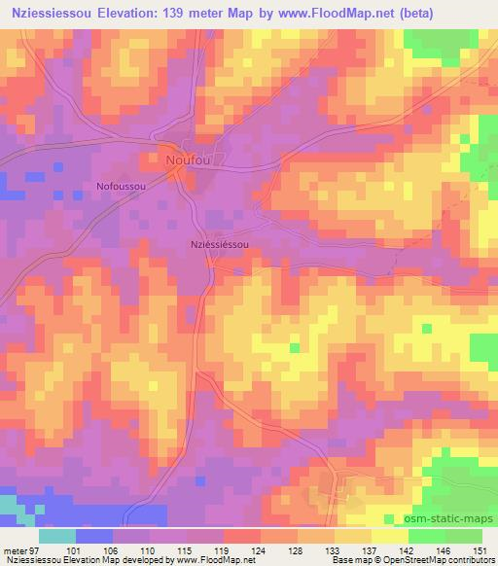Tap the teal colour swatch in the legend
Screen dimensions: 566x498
point(57,535)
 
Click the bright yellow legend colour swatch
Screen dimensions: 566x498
point(389,535)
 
